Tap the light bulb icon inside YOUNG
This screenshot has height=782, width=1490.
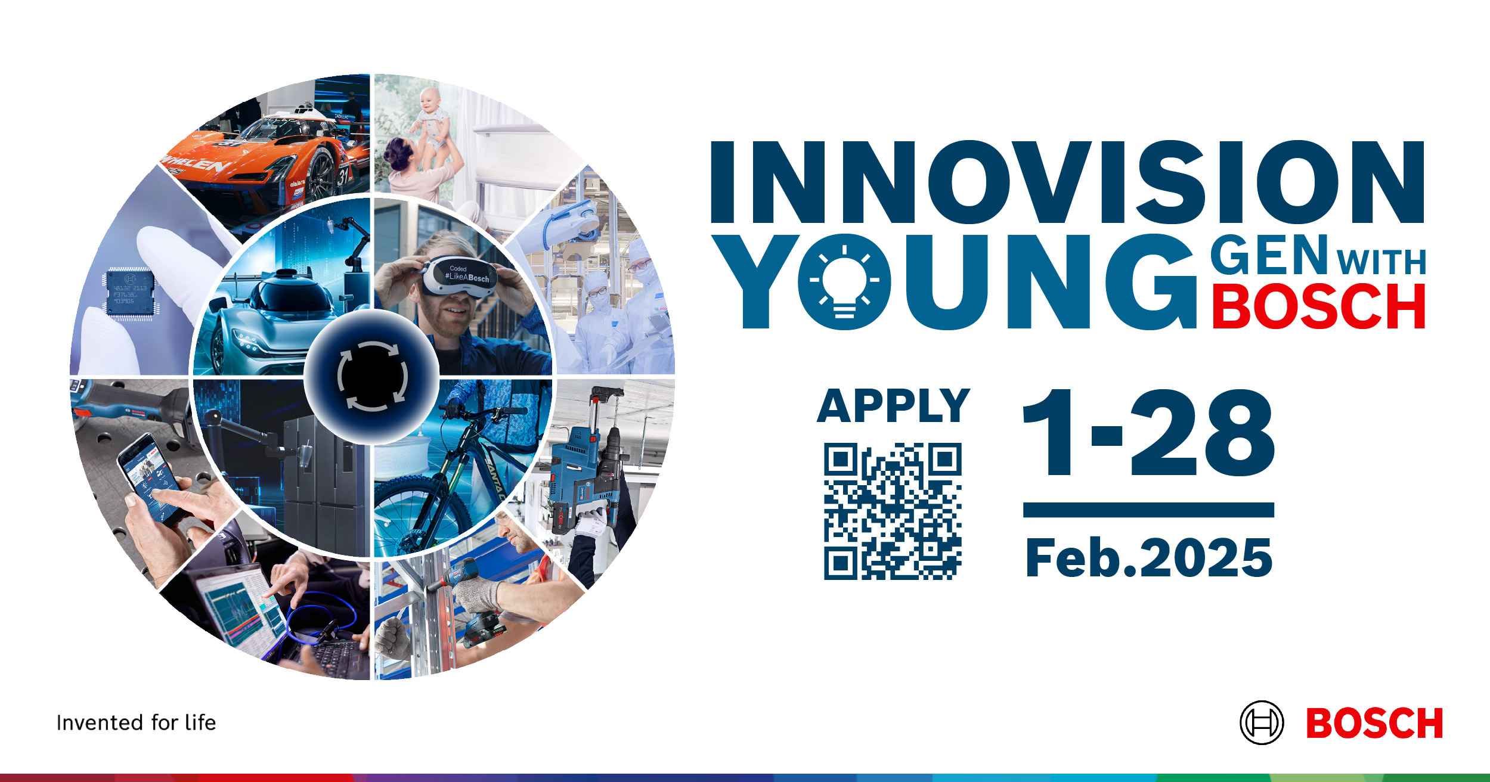(844, 281)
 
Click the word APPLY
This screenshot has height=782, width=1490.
(893, 405)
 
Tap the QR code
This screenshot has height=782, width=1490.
(893, 511)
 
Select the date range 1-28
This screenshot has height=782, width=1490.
(1148, 433)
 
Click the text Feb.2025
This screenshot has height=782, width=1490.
(1148, 558)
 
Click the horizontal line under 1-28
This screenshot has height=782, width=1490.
(1148, 510)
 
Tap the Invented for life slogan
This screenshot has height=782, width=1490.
(136, 723)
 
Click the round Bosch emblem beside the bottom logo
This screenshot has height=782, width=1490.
(1261, 722)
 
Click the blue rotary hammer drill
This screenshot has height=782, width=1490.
(587, 471)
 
